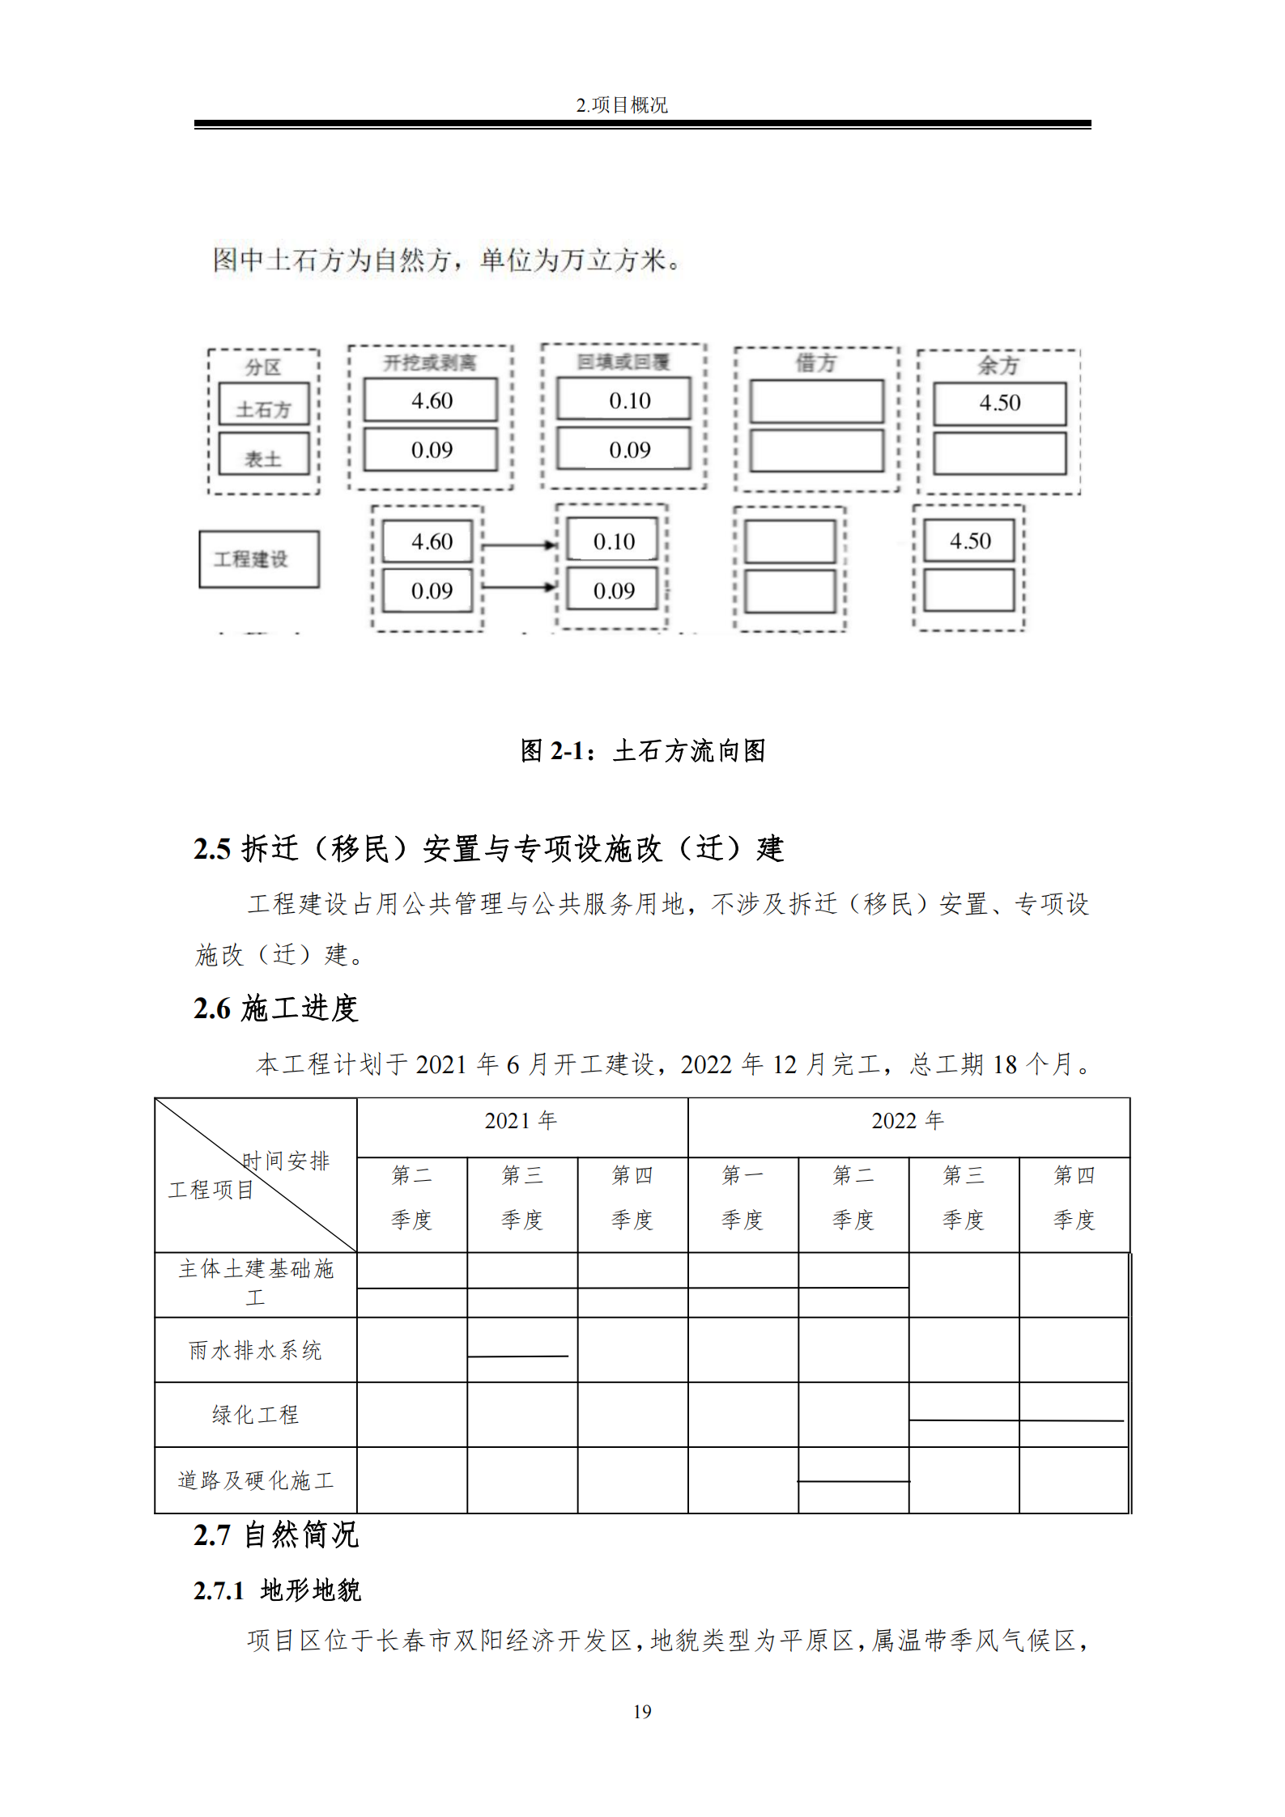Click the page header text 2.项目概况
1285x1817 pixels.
pyautogui.click(x=621, y=105)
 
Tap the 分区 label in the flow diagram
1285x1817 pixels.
pyautogui.click(x=263, y=367)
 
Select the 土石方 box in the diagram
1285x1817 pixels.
pyautogui.click(x=264, y=409)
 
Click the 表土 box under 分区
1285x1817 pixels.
pyautogui.click(x=264, y=459)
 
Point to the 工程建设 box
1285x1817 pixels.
pyautogui.click(x=259, y=559)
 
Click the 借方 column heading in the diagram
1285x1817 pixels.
pyautogui.click(x=815, y=363)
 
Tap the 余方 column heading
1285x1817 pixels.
pyautogui.click(x=998, y=365)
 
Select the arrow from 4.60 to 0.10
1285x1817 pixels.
pyautogui.click(x=519, y=546)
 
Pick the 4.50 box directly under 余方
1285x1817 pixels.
pyautogui.click(x=1000, y=403)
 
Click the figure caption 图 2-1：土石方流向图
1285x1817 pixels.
pyautogui.click(x=642, y=751)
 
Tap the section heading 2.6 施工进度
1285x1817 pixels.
pyautogui.click(x=275, y=1008)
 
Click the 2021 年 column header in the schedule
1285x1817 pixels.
pyautogui.click(x=521, y=1121)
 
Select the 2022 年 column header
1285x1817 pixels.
pyautogui.click(x=908, y=1121)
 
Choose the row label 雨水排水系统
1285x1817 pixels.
pyautogui.click(x=255, y=1350)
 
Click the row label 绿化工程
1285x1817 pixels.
pyautogui.click(x=255, y=1415)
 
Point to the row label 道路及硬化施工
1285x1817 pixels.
pyautogui.click(x=255, y=1480)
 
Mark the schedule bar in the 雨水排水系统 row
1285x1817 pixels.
pyautogui.click(x=518, y=1356)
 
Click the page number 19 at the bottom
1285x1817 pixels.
pyautogui.click(x=642, y=1712)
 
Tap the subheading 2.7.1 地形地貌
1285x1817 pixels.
pyautogui.click(x=277, y=1590)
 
